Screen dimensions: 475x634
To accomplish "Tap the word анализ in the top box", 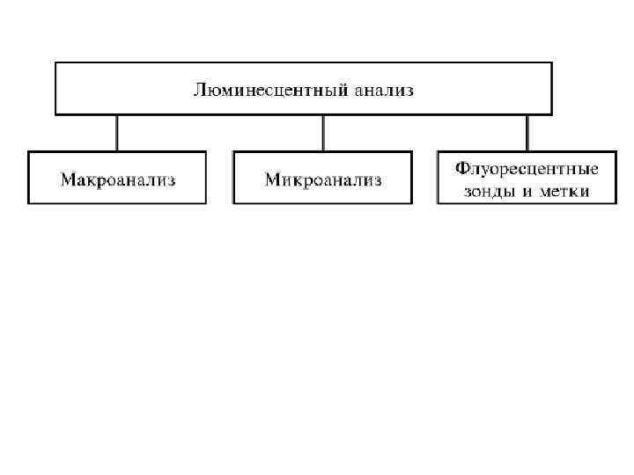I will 383,90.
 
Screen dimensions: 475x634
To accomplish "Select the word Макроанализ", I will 118,181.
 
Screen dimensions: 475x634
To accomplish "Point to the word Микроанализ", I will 323,181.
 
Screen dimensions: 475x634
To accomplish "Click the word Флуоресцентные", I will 527,167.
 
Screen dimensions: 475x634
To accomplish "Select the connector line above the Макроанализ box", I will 117,133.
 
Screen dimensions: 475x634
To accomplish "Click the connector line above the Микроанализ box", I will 322,133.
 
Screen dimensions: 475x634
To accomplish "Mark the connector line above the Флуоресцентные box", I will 527,133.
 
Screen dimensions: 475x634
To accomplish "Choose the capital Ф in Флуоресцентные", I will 461,167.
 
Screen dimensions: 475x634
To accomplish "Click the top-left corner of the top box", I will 55,62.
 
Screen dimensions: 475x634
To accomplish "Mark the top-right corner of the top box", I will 552,62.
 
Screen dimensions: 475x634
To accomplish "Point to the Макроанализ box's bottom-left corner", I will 28,204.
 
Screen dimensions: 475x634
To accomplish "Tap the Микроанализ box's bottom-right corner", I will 411,204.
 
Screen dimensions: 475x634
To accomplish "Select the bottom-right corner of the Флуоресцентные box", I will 616,204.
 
